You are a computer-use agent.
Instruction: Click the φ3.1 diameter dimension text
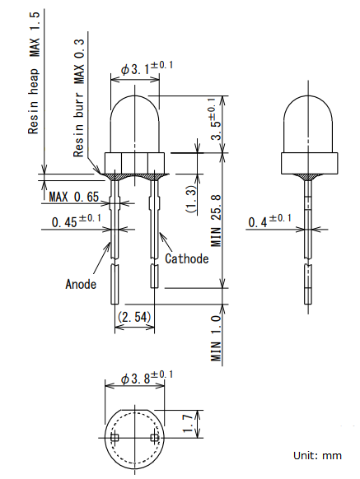coord(147,68)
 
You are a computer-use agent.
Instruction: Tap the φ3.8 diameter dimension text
coord(147,378)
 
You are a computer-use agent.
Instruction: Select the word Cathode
coord(186,258)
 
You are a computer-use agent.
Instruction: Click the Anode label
coord(81,284)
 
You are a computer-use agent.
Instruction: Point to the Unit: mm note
coord(317,455)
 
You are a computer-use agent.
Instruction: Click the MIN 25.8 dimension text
coord(215,220)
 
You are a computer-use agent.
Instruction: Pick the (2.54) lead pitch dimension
coord(134,317)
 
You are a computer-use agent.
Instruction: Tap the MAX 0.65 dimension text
coord(74,197)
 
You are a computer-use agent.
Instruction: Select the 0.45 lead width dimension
coord(76,221)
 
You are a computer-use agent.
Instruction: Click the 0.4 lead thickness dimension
coord(269,221)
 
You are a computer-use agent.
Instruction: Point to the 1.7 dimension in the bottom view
coord(188,423)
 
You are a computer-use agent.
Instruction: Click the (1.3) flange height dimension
coord(191,199)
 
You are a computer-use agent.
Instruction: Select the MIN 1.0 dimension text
coord(216,338)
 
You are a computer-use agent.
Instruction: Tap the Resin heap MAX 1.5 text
coord(34,73)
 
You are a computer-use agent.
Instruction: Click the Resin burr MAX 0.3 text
coord(78,98)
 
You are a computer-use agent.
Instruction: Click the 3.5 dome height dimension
coord(216,119)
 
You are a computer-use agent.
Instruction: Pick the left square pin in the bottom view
coord(115,438)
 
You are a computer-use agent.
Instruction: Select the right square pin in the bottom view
coord(154,438)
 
